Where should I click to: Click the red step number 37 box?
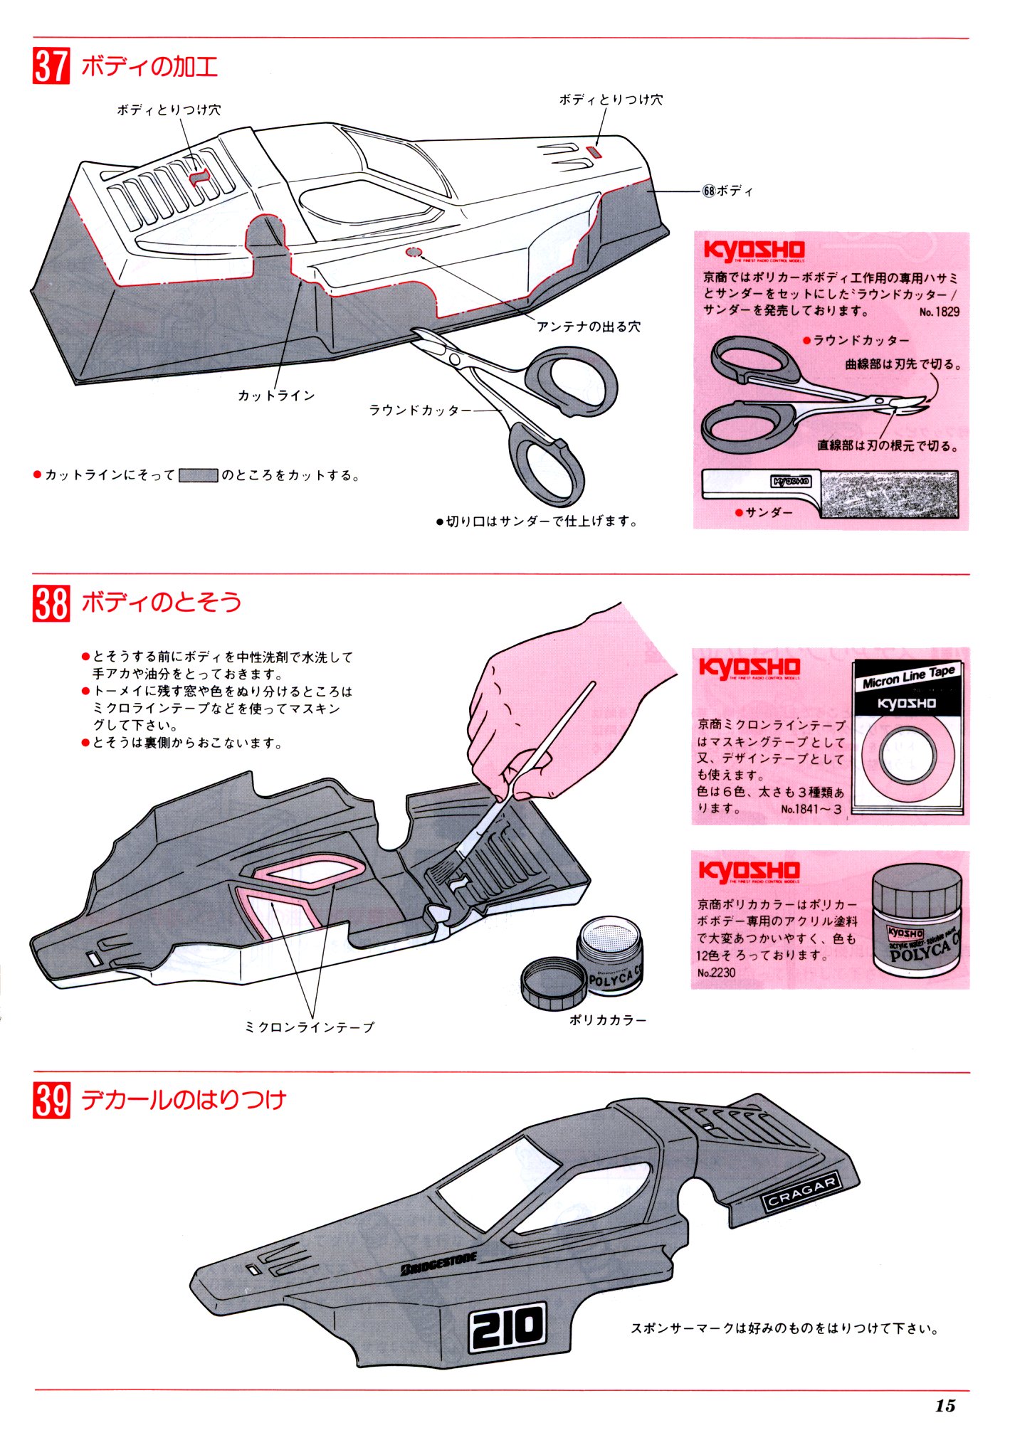(51, 66)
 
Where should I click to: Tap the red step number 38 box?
(51, 603)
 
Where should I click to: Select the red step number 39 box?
(51, 1100)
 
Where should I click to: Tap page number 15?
(945, 1406)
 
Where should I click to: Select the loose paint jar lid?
(554, 982)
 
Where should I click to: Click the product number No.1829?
(939, 312)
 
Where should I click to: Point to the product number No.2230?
(716, 973)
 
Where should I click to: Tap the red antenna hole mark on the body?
(414, 252)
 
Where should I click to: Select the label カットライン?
(276, 396)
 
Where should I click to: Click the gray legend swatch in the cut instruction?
(198, 475)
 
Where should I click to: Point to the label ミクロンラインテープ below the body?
(309, 1027)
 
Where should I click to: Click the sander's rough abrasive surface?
(889, 494)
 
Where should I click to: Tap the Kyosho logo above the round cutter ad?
(754, 250)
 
